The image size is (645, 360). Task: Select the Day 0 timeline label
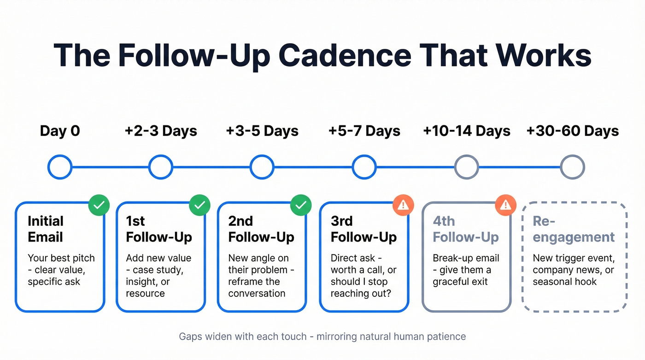coord(60,131)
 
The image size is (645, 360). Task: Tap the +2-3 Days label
coord(161,131)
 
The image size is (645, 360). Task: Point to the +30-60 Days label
coord(573,131)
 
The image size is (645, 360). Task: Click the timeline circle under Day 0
coord(60,167)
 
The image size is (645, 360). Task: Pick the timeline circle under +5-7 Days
coord(364,167)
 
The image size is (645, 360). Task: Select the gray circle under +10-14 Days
coord(467,167)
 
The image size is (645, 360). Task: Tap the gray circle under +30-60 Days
coord(573,167)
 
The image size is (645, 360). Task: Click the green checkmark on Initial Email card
coord(99,206)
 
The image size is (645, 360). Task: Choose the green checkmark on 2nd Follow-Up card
coord(301,206)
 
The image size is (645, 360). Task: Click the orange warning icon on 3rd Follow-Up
coord(403,206)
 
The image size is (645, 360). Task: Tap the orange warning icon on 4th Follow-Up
coord(505,206)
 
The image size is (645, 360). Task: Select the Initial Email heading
coord(46,229)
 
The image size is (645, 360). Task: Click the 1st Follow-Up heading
coord(159,229)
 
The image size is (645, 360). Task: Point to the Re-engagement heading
coord(574,229)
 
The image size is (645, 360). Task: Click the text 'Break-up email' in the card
coord(466,258)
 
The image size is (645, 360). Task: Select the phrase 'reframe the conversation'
coord(257,287)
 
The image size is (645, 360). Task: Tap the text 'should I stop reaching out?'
coord(361,287)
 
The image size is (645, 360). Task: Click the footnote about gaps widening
coord(322,336)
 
